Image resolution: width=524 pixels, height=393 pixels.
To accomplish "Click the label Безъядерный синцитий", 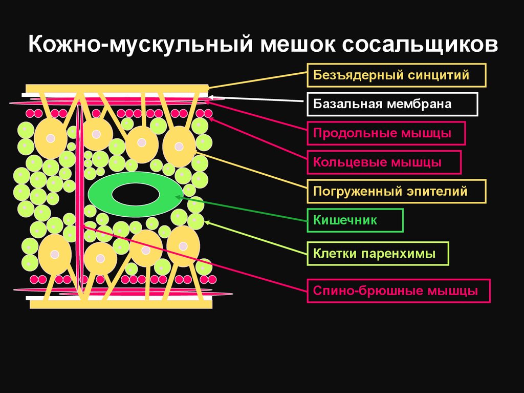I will (x=396, y=76).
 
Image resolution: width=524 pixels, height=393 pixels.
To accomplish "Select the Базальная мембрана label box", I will (x=392, y=105).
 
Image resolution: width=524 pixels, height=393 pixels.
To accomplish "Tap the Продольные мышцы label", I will (x=386, y=134).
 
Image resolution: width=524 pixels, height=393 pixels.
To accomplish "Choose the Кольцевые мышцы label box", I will (x=384, y=162).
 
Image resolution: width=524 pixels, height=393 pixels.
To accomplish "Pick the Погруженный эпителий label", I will (x=396, y=192).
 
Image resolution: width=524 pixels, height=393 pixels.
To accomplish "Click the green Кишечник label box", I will (x=355, y=221).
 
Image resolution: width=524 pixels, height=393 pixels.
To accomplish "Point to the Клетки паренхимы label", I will (x=378, y=254).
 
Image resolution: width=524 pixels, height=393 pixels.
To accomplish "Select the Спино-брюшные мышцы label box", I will (x=399, y=291).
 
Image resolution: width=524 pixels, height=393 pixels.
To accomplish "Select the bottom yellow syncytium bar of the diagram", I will (x=121, y=304).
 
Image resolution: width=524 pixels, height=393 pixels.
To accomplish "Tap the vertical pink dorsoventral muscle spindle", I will (x=79, y=195).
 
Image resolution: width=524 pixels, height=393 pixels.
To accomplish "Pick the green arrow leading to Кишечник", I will (x=241, y=209).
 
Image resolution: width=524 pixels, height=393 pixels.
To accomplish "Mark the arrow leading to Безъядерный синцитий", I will (x=256, y=81).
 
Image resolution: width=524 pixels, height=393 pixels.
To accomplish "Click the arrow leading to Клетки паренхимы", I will (x=256, y=238).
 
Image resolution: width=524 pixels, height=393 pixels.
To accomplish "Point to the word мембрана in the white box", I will (x=427, y=105).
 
